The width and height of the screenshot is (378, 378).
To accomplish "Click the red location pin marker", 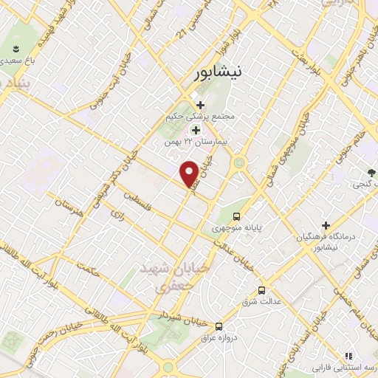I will pyautogui.click(x=190, y=173).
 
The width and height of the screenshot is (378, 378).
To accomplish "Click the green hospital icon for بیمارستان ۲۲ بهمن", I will pyautogui.click(x=196, y=129).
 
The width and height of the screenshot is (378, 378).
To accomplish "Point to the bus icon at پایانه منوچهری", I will pyautogui.click(x=236, y=216).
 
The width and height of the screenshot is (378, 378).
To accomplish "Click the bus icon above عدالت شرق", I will pyautogui.click(x=261, y=290).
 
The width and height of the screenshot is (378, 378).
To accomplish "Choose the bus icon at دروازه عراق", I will pyautogui.click(x=218, y=326).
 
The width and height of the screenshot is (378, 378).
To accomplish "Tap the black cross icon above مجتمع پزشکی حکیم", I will pyautogui.click(x=199, y=104).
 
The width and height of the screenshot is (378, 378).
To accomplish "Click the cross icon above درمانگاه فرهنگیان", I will pyautogui.click(x=326, y=224).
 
